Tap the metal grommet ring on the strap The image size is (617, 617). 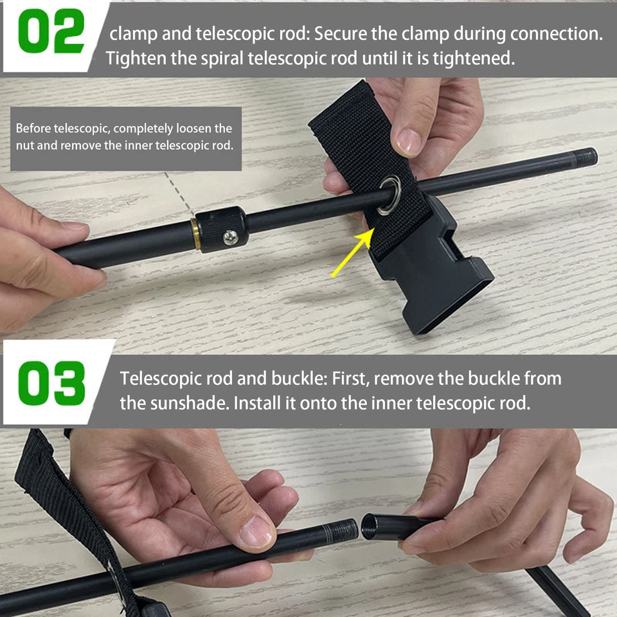click(x=390, y=196)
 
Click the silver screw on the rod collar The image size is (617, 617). click(x=230, y=238)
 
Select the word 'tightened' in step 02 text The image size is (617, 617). click(x=474, y=58)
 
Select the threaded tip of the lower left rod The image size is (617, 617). click(x=345, y=531)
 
